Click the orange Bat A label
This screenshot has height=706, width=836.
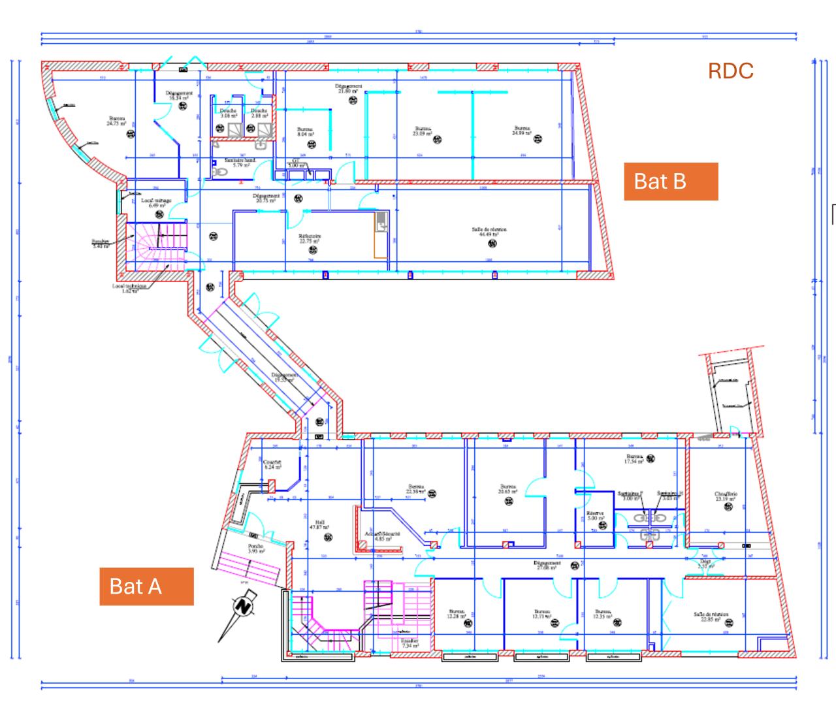146,586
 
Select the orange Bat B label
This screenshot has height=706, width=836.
671,181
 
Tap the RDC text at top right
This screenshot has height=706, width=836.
730,71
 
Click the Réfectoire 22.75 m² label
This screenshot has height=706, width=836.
310,238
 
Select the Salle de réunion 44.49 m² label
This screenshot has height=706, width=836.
489,233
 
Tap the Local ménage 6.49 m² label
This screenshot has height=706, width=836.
156,203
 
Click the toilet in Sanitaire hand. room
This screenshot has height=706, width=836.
219,172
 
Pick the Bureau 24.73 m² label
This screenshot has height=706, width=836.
117,121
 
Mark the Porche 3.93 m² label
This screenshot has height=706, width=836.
255,549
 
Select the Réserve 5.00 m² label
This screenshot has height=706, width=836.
594,516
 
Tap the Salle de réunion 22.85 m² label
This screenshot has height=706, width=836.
711,617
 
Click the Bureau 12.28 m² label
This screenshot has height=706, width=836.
456,615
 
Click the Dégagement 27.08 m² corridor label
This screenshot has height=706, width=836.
547,565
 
